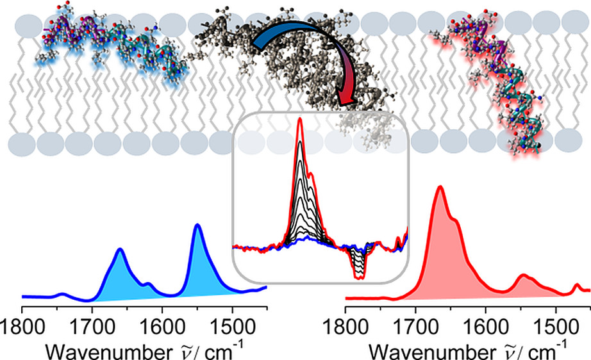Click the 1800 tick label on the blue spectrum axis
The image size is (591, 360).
[23, 323]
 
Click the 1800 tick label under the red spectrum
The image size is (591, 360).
[346, 323]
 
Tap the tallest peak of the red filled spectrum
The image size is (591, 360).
[440, 187]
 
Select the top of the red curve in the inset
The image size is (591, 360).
[299, 120]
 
